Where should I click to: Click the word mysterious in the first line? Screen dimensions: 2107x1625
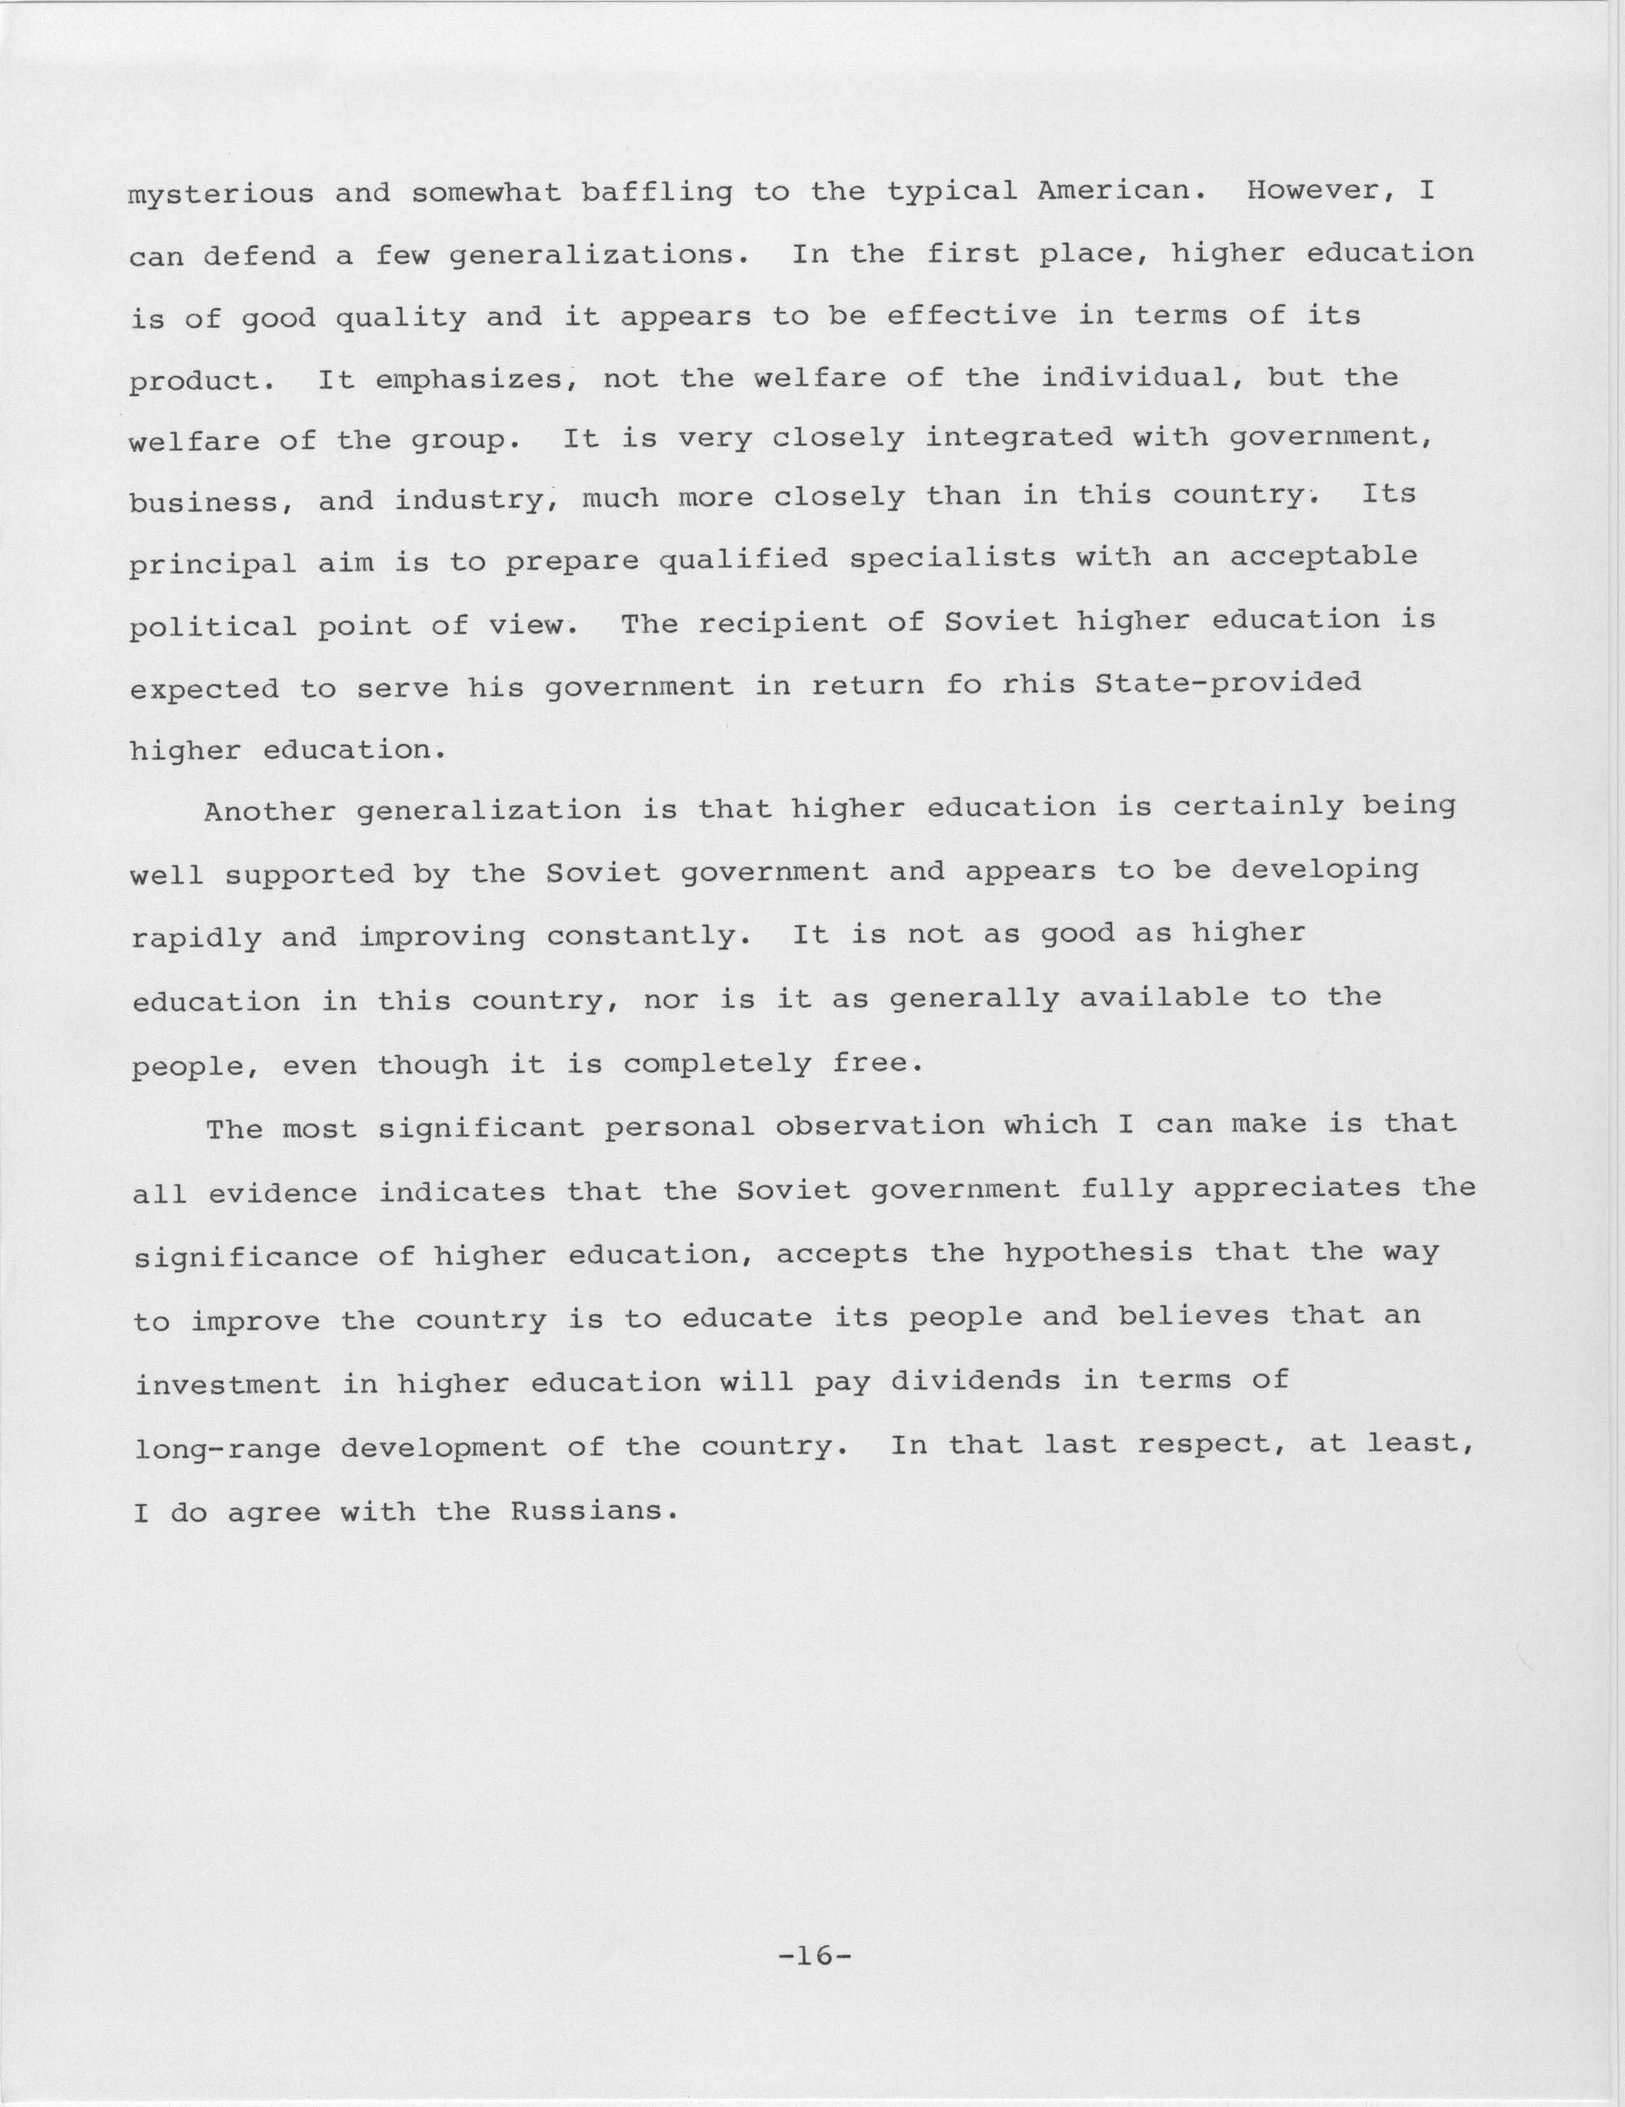point(222,194)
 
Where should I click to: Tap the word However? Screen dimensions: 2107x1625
point(1323,190)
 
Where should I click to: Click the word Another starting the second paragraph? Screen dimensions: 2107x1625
point(270,811)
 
